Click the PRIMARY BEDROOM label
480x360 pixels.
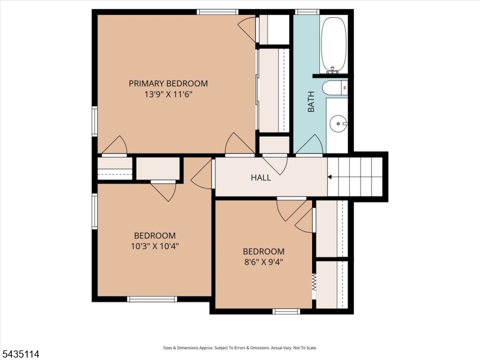click(168, 83)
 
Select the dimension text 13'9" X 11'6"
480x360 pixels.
click(168, 94)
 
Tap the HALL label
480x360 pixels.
click(261, 178)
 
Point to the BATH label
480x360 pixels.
click(311, 101)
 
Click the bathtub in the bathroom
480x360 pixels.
click(334, 44)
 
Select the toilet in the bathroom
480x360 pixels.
click(335, 88)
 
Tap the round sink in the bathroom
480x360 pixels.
click(338, 124)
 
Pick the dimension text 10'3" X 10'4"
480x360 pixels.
click(155, 246)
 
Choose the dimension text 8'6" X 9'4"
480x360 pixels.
click(263, 262)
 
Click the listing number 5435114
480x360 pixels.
click(20, 354)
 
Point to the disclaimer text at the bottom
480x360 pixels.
click(239, 348)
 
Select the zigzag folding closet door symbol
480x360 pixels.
click(314, 283)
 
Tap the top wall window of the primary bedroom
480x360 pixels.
click(217, 12)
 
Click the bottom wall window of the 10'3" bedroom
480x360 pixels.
click(152, 299)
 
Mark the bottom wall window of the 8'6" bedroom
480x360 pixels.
click(286, 311)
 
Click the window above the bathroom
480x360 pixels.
click(307, 12)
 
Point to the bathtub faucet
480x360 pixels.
click(333, 70)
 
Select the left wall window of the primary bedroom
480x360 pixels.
click(95, 121)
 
